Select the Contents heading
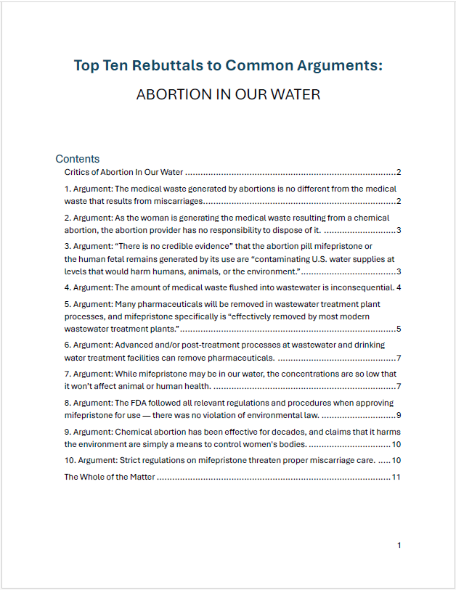click(77, 159)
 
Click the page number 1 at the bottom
click(399, 545)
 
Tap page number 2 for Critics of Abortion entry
click(399, 173)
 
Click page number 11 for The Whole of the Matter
click(396, 477)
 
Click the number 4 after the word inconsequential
click(399, 287)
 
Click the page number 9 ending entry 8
click(399, 416)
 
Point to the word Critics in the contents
click(78, 173)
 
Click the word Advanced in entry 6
click(133, 345)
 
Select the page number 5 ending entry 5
click(399, 329)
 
